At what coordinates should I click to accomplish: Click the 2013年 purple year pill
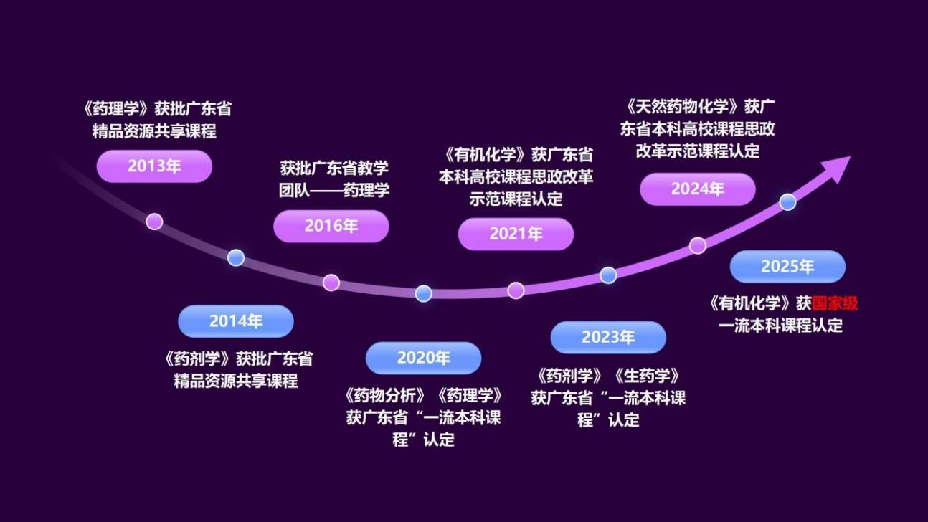pos(154,166)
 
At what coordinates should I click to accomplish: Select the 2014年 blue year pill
pos(236,321)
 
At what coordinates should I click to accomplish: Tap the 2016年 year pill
pos(331,226)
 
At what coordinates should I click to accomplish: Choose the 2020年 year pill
pos(423,358)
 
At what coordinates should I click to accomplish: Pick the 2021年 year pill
pos(516,234)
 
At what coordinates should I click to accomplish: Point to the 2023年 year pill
pos(608,337)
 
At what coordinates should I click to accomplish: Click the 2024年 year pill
pos(698,189)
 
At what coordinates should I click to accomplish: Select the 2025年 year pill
pos(787,267)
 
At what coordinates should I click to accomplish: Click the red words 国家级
pos(834,303)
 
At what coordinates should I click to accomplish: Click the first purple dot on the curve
pos(154,222)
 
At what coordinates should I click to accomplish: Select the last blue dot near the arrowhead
pos(787,202)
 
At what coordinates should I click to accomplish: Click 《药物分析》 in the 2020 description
pos(385,395)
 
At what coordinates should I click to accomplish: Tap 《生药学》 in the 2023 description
pos(646,376)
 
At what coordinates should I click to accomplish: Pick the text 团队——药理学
pos(334,190)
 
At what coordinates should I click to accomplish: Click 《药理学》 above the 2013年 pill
pos(115,109)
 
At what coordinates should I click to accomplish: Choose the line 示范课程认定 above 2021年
pos(516,199)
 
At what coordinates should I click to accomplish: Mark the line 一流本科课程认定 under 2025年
pos(780,326)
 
